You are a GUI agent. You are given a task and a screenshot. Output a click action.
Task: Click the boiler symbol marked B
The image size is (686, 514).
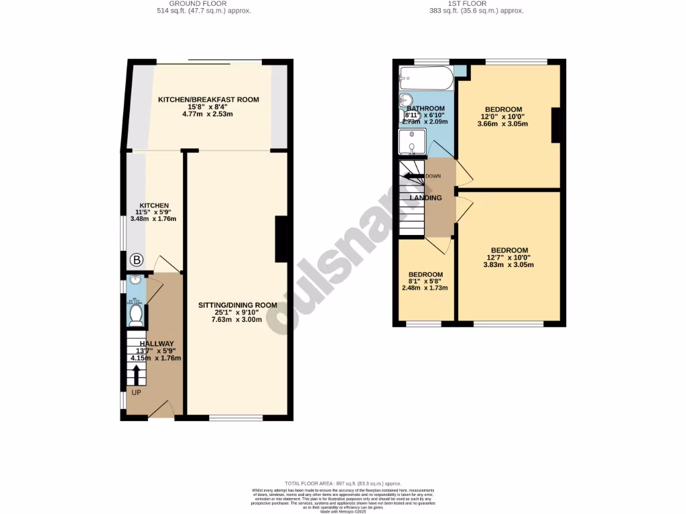[136, 260]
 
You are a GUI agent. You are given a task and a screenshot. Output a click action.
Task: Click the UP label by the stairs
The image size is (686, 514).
[136, 392]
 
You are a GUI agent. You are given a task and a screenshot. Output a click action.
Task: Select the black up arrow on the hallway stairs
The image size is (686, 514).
[137, 373]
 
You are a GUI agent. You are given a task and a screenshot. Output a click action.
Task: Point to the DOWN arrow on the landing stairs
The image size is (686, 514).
[412, 177]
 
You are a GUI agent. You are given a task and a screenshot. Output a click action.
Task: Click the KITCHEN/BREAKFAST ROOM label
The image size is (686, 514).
[208, 100]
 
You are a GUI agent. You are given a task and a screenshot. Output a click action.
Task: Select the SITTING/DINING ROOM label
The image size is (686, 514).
[237, 305]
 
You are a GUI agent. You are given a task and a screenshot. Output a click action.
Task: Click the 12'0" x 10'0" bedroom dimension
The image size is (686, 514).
[503, 116]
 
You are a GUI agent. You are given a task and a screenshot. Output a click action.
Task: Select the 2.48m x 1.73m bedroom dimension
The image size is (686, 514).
[425, 288]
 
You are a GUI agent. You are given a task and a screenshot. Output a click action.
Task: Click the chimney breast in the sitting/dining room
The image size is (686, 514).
[282, 239]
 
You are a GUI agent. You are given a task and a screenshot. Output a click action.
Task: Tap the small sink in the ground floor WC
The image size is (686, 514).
[136, 280]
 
